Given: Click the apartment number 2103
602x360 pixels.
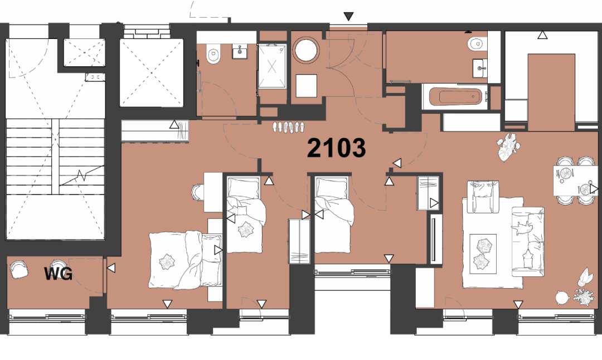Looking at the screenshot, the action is click(336, 148).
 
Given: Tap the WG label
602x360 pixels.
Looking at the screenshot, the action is click(59, 274).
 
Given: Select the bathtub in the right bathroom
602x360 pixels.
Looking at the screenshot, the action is click(455, 97).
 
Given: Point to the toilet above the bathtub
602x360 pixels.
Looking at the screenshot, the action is click(475, 43).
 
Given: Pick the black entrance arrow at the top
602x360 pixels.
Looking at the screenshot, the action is click(348, 17).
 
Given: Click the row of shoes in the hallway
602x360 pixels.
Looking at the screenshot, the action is click(288, 127).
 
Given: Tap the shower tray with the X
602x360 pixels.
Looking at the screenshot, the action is click(272, 66).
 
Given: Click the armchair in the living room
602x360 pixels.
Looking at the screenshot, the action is click(483, 197).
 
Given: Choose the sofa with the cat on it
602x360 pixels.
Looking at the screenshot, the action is click(527, 241).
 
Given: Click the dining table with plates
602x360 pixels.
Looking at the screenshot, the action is click(575, 181).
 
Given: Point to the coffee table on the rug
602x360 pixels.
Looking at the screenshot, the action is click(483, 254).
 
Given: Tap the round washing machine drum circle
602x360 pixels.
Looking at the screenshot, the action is click(306, 50).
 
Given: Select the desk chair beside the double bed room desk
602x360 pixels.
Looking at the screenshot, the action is click(198, 192).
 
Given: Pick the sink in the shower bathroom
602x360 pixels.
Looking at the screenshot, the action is click(240, 51).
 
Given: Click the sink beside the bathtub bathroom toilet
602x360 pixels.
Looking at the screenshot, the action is click(479, 69).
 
